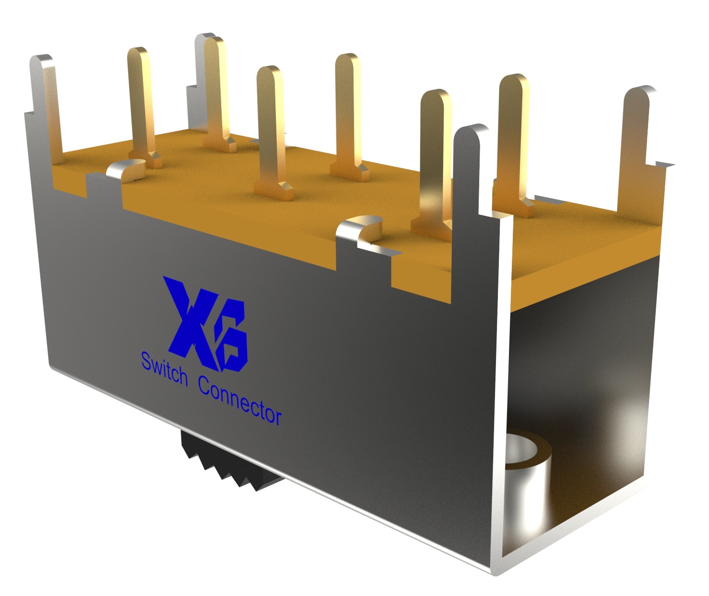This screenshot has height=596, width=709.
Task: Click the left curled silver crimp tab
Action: tap(127, 171)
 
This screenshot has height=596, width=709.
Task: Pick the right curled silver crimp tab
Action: tap(360, 230)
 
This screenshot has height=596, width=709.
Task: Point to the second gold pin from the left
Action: tap(217, 91)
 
